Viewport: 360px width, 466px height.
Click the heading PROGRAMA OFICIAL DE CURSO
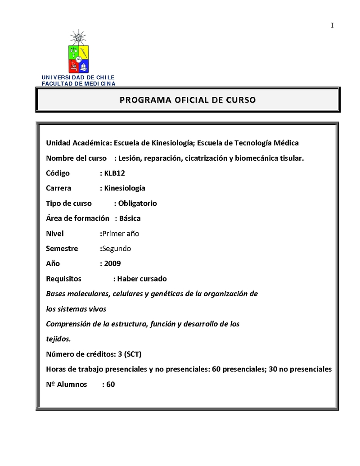188,100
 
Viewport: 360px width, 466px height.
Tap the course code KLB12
114,173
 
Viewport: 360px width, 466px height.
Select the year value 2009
112,263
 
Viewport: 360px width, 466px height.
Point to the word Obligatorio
137,203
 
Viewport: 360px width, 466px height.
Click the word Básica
130,218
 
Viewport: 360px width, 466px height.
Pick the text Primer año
121,233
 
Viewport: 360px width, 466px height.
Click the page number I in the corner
332,26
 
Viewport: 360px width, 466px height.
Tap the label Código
58,173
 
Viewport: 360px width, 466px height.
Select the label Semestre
62,249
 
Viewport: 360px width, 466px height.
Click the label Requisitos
64,279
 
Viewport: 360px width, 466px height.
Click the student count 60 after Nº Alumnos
111,385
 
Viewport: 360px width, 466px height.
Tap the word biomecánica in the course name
256,158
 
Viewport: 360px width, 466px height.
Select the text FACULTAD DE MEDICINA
78,83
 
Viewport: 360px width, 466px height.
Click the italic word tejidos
58,339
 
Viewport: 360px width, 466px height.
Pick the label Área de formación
78,218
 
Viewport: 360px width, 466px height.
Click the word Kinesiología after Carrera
125,188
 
